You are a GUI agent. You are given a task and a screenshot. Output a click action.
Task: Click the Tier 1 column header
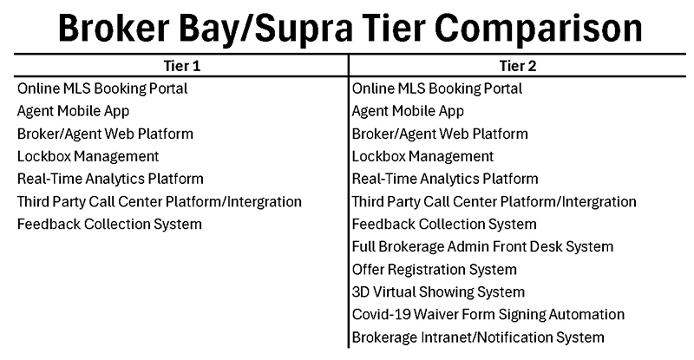[182, 66]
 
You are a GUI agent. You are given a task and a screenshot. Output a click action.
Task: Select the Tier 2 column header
[518, 66]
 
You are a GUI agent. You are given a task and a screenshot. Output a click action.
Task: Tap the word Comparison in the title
[538, 29]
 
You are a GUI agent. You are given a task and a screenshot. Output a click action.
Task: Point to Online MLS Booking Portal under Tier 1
[102, 88]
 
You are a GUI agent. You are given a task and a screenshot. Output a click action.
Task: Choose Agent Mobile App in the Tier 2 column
[408, 111]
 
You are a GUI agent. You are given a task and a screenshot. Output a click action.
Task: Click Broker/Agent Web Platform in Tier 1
[105, 134]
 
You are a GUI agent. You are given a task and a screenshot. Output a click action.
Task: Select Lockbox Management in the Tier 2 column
[422, 156]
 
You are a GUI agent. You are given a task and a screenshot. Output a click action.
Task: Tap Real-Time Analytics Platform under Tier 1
[110, 179]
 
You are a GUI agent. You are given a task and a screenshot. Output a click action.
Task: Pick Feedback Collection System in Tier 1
[109, 224]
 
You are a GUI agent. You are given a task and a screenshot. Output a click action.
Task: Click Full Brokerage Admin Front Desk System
[482, 246]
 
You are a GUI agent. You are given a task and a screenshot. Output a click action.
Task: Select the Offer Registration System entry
[435, 269]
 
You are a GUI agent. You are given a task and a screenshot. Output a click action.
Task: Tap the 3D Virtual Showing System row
[438, 291]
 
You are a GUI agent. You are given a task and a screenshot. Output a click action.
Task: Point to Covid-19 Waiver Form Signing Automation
[488, 314]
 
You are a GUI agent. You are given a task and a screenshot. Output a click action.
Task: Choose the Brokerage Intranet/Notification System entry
[478, 337]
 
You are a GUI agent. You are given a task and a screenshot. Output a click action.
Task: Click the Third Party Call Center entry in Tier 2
[494, 201]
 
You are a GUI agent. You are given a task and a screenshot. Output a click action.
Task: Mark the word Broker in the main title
[114, 29]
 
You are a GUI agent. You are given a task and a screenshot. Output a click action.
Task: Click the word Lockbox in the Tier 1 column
[44, 156]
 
